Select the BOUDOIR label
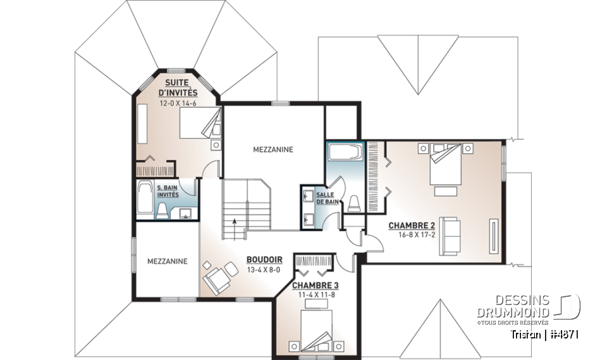tap(264, 259)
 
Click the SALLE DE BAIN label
tap(326, 197)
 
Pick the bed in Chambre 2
tap(445, 163)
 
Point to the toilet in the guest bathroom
tap(162, 211)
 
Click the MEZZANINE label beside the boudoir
tap(167, 261)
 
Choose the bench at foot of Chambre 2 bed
tap(446, 191)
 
